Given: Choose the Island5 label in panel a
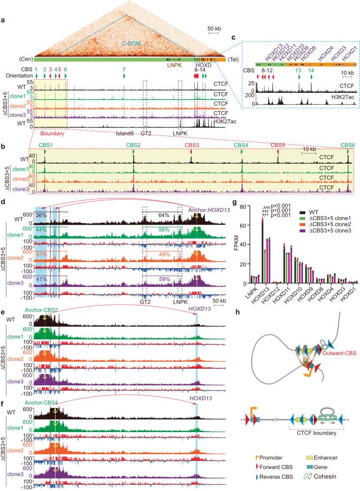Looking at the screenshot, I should [x=123, y=132].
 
